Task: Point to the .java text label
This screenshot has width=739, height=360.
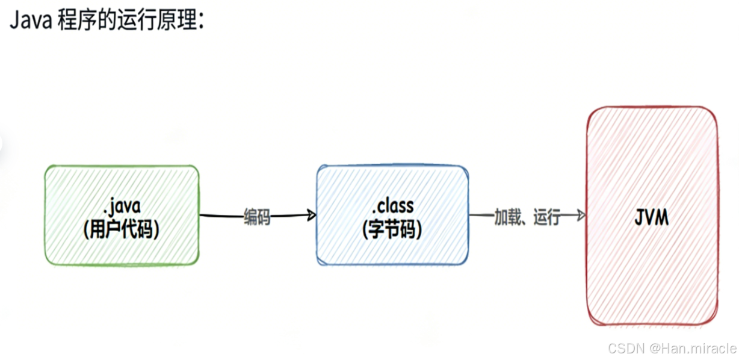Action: pyautogui.click(x=122, y=206)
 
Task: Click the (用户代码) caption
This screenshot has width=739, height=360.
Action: pyautogui.click(x=122, y=229)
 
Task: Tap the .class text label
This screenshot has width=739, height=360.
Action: pyautogui.click(x=392, y=206)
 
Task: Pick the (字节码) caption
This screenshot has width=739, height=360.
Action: pyautogui.click(x=392, y=229)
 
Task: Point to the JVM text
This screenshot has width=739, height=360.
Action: pyautogui.click(x=652, y=218)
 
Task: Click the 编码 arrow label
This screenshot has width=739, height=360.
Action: pyautogui.click(x=257, y=217)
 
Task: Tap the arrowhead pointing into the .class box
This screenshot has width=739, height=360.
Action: pyautogui.click(x=312, y=215)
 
